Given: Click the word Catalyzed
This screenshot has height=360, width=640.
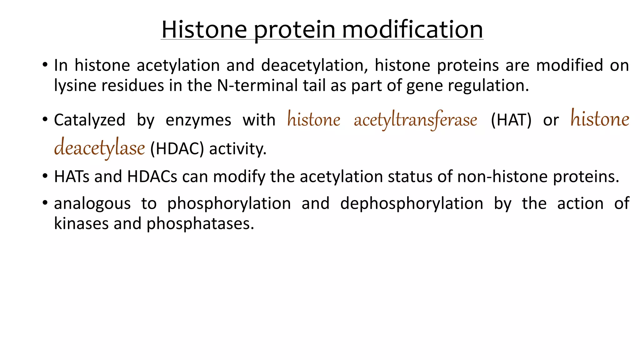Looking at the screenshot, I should [89, 120].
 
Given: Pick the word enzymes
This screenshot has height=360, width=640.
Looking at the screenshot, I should [198, 120].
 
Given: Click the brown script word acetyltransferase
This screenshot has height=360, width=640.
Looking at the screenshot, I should [415, 120].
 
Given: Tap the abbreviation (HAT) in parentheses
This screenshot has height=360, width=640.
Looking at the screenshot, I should [511, 120].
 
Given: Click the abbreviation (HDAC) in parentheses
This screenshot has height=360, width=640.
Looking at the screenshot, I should [177, 149].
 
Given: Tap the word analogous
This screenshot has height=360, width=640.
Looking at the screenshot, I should [92, 204].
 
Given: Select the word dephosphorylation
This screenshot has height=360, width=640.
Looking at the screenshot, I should [412, 204].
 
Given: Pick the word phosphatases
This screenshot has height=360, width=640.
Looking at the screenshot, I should [200, 224].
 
